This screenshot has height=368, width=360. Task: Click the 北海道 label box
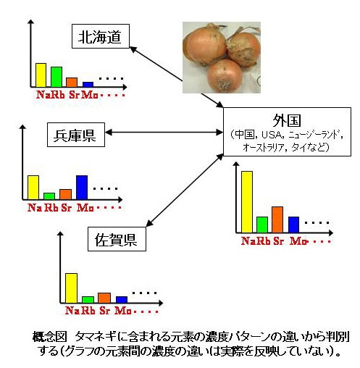coord(101,36)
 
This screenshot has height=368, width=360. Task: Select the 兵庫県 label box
coord(76,135)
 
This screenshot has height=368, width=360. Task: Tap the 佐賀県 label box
coord(117,239)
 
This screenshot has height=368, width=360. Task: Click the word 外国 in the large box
coord(287,120)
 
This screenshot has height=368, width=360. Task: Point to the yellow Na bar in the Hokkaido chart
coord(41,75)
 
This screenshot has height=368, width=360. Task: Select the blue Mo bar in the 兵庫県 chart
coord(82,188)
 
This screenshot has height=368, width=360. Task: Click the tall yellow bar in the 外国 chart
coord(247,202)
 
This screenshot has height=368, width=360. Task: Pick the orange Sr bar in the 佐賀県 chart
coord(104,298)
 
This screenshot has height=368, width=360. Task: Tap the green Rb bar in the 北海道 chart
coord(56,77)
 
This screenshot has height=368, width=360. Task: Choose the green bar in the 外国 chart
coord(262,225)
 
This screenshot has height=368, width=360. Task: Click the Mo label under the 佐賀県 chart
coord(123,311)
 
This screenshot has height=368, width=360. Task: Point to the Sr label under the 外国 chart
coord(278,241)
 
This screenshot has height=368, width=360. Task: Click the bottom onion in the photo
coord(225,75)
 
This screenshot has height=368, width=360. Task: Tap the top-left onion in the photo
coord(205,46)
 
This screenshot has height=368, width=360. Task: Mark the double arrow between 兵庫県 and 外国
coord(164,133)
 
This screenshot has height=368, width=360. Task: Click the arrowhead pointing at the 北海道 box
coord(133,49)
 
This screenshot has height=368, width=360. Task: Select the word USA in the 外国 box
coord(272,135)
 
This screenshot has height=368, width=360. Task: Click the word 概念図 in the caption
coord(49,337)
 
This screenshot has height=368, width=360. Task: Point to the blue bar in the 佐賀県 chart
coord(122,300)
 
